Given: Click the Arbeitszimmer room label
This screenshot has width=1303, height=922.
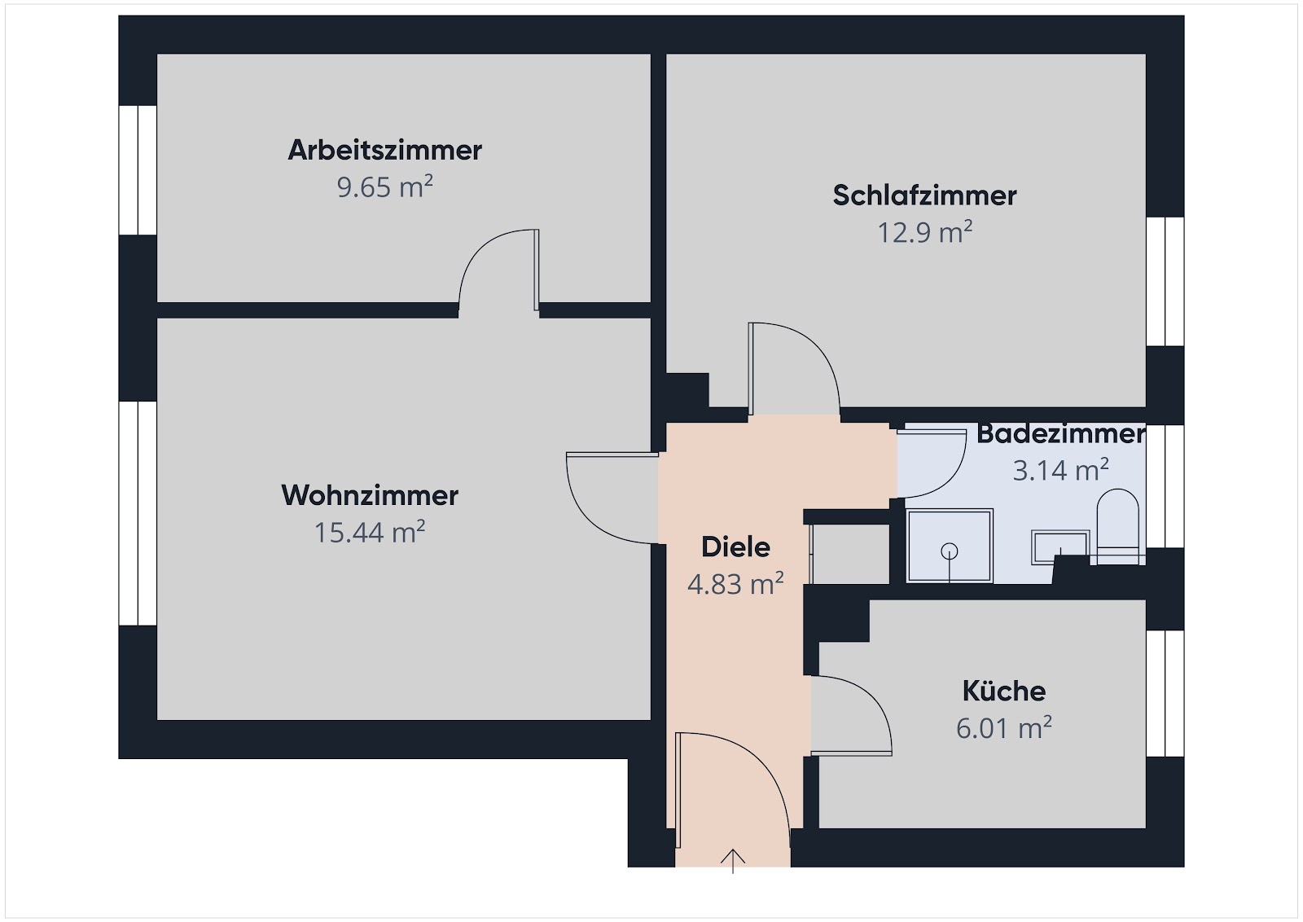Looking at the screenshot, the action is (384, 150).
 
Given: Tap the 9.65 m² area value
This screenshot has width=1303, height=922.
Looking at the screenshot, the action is (384, 187).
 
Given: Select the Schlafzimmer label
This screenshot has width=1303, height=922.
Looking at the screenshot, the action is (924, 195).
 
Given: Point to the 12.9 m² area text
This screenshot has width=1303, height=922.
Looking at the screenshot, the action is (924, 232).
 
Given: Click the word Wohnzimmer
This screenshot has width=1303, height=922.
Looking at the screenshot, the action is (370, 495).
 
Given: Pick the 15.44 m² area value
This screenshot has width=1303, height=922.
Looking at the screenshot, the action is (370, 532).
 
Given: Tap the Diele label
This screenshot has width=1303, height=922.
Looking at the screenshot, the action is (735, 547).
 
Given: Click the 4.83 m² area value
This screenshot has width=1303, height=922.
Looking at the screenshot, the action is (735, 583).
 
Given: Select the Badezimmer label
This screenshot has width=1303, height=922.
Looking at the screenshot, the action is (1060, 434).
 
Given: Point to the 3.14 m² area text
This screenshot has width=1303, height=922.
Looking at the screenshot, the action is (1060, 470).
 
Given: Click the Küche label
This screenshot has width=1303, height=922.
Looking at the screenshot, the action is (1004, 691).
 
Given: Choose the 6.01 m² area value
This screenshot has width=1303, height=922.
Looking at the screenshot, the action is (1004, 727).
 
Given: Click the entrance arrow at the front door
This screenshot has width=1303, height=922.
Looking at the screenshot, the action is (732, 861).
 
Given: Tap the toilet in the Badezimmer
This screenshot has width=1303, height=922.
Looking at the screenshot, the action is (1117, 526).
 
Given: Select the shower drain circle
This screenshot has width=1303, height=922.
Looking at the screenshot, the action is (950, 551).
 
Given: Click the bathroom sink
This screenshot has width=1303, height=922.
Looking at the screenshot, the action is (1060, 547).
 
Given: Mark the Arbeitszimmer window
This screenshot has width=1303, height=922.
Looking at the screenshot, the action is (138, 170).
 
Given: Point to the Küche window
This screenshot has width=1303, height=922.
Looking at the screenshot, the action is (1165, 693).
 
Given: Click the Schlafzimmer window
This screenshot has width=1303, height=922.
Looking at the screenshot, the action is (1165, 282).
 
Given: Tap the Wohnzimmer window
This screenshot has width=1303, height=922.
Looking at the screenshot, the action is (138, 513).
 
